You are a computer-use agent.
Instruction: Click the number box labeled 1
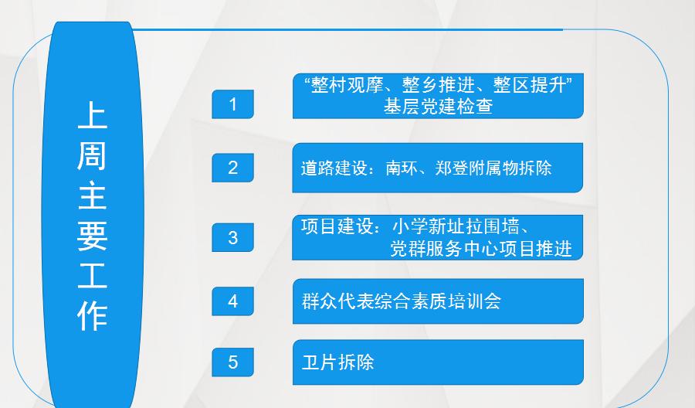[232, 104]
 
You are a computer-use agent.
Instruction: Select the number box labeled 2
[232, 168]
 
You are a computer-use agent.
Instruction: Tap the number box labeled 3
[232, 238]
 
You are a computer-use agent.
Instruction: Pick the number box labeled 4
[232, 301]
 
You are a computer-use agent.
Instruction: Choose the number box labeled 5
[232, 362]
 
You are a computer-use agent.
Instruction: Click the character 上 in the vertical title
[92, 115]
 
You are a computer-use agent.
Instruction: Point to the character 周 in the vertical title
[92, 155]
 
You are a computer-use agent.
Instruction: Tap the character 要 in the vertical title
[92, 236]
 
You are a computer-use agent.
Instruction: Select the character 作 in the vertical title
[92, 317]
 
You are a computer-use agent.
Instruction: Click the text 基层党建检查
[438, 107]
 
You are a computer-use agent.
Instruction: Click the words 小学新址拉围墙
[456, 226]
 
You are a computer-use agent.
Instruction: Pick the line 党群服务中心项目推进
[481, 249]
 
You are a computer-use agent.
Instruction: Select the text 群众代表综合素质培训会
[402, 301]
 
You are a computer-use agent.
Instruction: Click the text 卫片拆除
[337, 362]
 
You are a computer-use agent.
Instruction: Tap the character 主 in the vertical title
[92, 195]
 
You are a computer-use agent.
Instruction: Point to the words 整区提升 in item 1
[529, 85]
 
